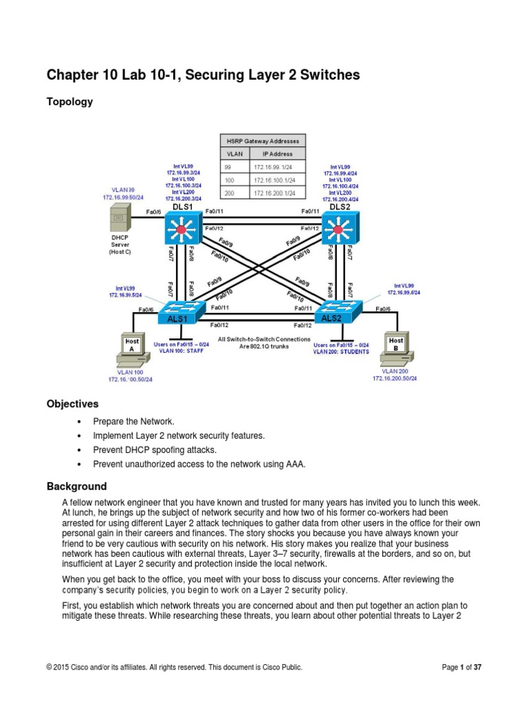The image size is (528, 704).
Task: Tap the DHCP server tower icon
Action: coord(118,221)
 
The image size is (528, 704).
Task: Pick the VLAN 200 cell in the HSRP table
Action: coord(230,193)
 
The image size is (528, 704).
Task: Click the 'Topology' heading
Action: coord(69,102)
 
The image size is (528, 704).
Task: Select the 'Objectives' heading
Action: coord(72,404)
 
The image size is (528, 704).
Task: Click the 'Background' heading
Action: coord(76,486)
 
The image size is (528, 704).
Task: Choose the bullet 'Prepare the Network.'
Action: coord(134,421)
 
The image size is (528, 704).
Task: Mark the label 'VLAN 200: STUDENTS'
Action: coord(340,351)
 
